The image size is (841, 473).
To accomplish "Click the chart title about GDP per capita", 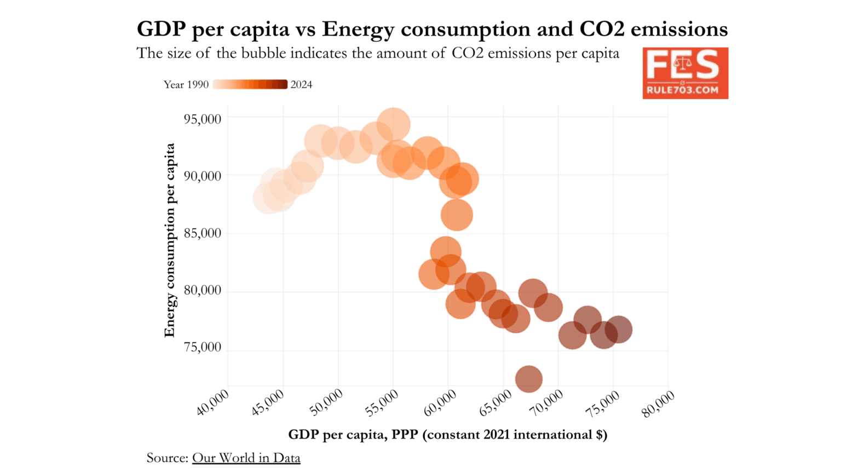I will [432, 28].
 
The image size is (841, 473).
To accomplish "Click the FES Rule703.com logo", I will [685, 73].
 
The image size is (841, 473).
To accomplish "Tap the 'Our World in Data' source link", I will [246, 458].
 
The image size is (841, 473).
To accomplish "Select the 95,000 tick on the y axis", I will [202, 119].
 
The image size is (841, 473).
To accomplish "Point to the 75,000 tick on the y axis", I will [202, 347].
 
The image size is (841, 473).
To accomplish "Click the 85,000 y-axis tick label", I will [202, 233].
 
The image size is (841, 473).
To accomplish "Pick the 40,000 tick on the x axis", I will [214, 403].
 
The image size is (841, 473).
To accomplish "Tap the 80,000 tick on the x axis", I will [658, 404].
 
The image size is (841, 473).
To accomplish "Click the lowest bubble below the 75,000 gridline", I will [528, 379].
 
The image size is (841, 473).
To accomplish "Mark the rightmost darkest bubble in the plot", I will [618, 329].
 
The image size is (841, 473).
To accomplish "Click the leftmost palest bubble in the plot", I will [268, 198].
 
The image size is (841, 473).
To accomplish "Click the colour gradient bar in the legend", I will [250, 84].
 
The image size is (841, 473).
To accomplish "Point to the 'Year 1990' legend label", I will [186, 84].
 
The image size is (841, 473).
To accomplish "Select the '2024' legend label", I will [301, 84].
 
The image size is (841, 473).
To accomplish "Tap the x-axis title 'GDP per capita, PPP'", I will [447, 435].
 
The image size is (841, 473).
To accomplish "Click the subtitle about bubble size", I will [378, 53].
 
